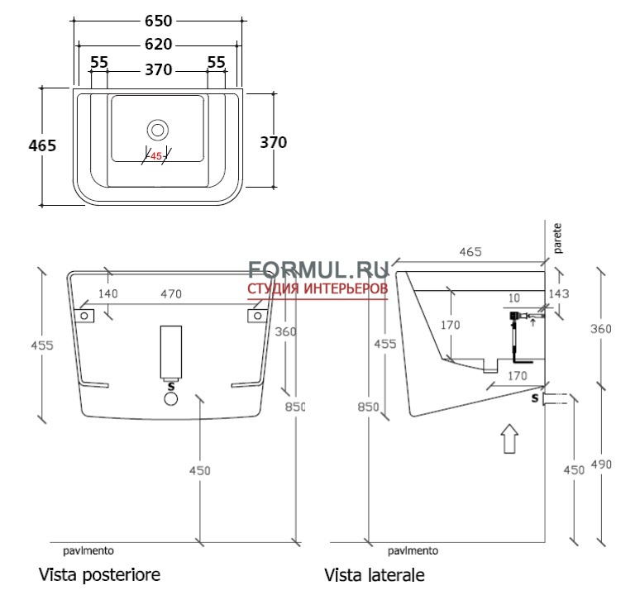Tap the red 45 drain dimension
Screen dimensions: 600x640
(x=155, y=156)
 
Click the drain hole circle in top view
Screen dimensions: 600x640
(x=156, y=130)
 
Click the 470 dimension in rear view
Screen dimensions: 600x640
(x=170, y=294)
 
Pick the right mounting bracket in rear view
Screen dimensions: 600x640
(x=255, y=315)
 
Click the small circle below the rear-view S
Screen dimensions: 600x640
(x=171, y=399)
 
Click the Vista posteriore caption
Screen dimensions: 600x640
(x=98, y=574)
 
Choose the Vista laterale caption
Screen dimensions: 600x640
(x=375, y=574)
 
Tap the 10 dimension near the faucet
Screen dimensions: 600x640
(x=515, y=297)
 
